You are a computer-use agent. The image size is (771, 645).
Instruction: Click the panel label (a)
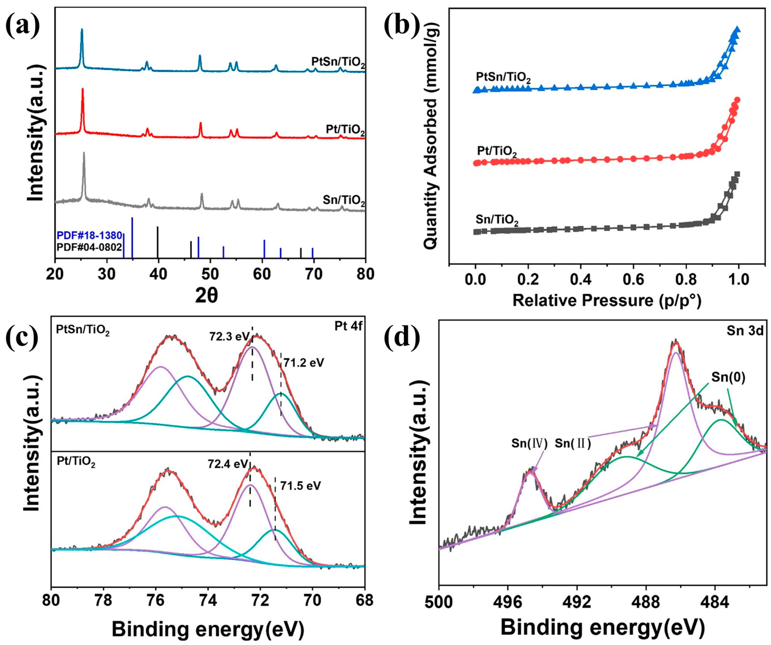[x=23, y=24]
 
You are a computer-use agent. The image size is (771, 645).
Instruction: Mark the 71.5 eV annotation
[x=300, y=486]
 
